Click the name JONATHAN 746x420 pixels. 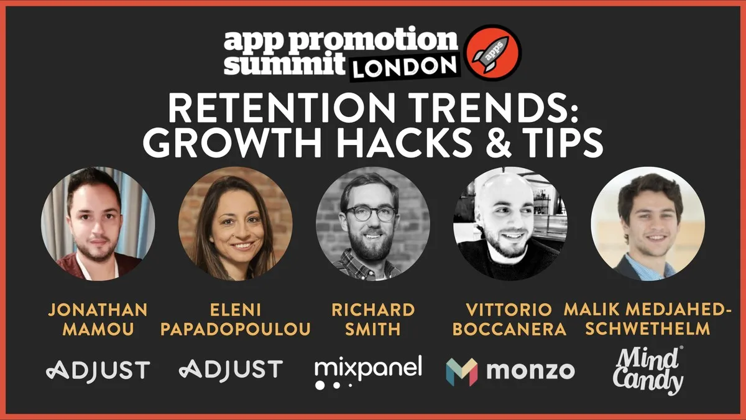click(98, 309)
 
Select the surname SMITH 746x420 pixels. click(372, 329)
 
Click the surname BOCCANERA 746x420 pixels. click(509, 329)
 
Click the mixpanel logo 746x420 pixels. click(368, 371)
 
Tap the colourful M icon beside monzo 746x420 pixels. click(461, 371)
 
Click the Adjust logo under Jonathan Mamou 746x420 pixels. click(98, 370)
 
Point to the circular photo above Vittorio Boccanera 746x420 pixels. click(509, 223)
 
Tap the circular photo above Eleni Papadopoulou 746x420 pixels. click(235, 223)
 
